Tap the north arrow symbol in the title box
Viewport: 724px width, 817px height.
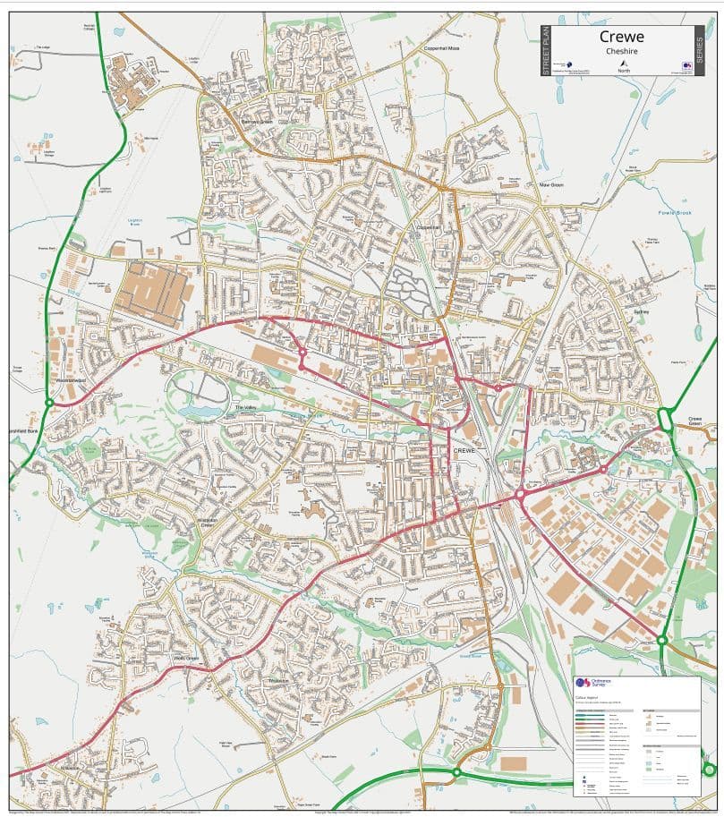pos(623,63)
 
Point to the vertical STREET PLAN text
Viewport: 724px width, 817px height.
pos(545,50)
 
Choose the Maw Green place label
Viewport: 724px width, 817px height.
pos(550,185)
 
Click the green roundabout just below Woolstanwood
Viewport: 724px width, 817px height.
pos(50,403)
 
